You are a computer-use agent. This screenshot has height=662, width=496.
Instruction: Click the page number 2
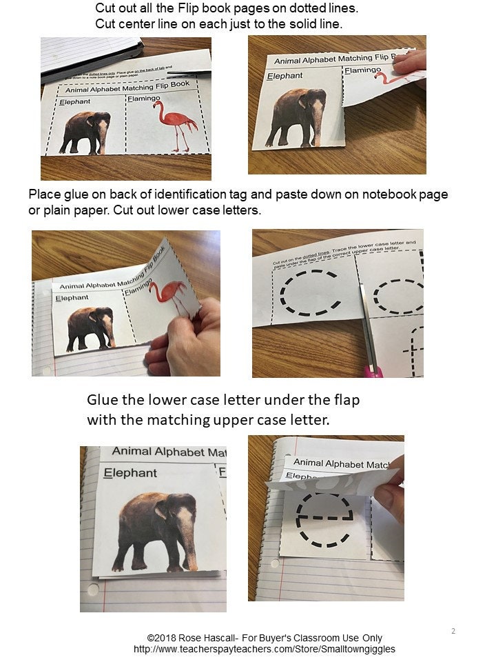click(x=453, y=631)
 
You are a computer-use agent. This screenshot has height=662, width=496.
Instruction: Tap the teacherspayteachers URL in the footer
click(x=264, y=649)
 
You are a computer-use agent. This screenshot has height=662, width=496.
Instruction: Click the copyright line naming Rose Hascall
click(x=264, y=638)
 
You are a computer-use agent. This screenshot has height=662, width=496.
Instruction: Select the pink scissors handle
click(x=374, y=372)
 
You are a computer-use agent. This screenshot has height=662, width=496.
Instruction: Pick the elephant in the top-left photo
click(x=85, y=132)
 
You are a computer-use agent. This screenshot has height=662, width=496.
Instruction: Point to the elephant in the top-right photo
click(x=298, y=117)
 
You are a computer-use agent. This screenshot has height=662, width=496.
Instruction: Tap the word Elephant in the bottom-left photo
click(x=130, y=473)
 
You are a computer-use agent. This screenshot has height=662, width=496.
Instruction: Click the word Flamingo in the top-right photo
click(x=362, y=70)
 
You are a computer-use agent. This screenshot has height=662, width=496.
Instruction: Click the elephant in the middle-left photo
click(x=91, y=326)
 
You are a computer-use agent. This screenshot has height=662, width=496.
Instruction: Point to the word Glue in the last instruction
click(x=103, y=400)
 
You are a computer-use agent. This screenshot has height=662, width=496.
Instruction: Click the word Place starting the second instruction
click(x=45, y=194)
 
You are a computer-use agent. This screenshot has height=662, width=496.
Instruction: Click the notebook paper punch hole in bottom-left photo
click(x=94, y=590)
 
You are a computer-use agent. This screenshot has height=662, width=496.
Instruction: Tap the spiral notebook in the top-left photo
click(x=90, y=55)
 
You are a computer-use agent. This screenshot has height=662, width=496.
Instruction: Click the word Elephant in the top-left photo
click(x=75, y=102)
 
